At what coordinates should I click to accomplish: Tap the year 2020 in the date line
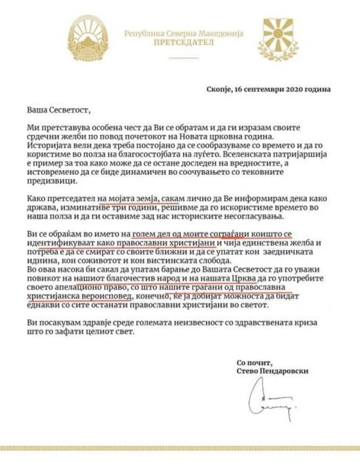(294, 88)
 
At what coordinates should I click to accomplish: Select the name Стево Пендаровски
(273, 371)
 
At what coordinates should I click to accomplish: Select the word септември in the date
(261, 88)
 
